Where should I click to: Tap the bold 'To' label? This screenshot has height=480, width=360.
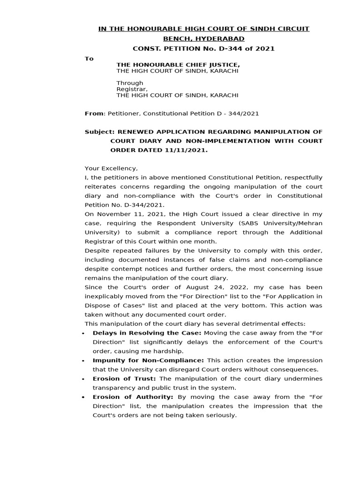point(89,59)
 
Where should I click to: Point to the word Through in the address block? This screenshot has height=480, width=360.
point(130,83)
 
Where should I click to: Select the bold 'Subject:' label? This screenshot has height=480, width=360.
point(99,132)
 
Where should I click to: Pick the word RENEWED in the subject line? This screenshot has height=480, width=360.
point(135,132)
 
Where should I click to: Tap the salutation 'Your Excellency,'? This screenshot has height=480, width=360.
point(111,168)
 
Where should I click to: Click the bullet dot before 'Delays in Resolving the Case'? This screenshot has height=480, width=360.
point(82,333)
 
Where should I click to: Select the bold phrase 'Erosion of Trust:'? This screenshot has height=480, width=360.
point(125,379)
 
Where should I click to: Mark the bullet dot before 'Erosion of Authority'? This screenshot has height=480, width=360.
point(82,397)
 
